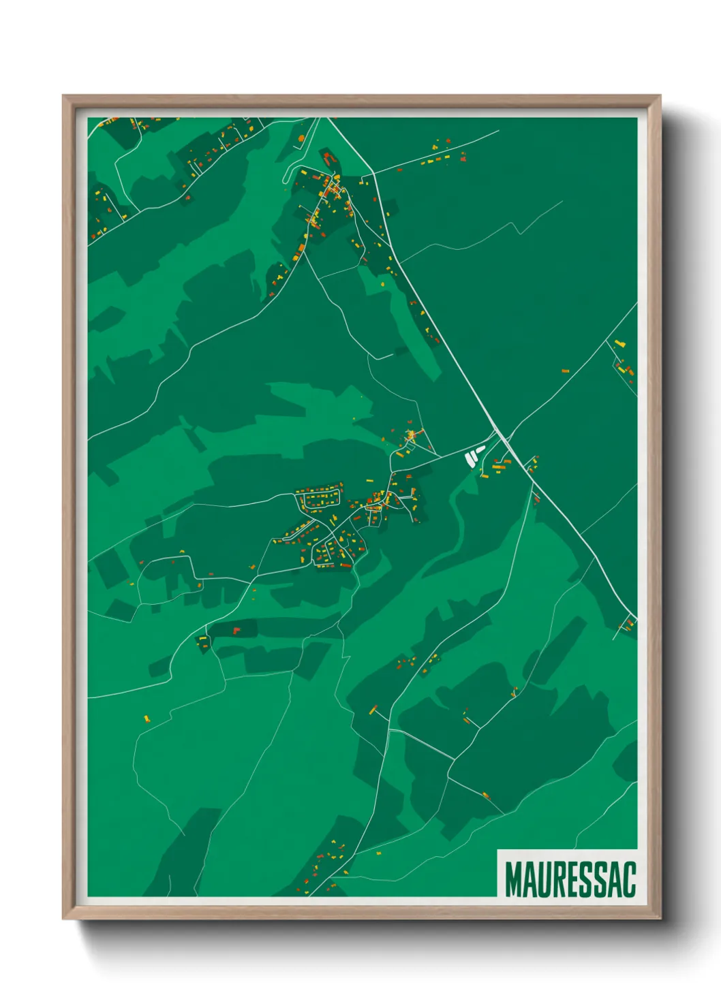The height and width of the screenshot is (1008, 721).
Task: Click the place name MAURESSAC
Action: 570,879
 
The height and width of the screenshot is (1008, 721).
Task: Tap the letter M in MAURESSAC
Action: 512,879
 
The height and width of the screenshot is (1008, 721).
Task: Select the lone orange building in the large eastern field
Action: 565,371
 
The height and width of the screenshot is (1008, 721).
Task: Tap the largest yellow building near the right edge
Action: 619,343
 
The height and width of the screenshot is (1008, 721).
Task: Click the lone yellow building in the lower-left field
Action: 147,718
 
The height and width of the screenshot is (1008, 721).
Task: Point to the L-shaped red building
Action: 236,630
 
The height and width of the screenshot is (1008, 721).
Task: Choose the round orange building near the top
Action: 301,138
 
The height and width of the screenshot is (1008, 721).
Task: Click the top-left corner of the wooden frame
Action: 64,97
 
